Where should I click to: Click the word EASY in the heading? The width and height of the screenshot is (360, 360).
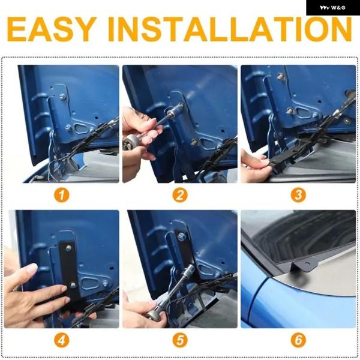pos(52,29)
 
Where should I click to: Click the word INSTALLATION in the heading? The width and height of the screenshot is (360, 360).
pos(230,29)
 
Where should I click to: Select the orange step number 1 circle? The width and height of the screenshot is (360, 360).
pos(62,196)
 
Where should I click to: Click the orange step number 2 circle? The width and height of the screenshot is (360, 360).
pos(180,196)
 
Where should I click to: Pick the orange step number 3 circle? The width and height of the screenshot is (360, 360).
pos(298,196)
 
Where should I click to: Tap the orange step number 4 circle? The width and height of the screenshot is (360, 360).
pos(62,340)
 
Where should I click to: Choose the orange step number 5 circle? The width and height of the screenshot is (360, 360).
pos(180,340)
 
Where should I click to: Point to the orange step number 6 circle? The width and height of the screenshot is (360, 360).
pos(298,340)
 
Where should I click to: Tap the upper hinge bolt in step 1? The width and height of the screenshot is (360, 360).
pos(62,97)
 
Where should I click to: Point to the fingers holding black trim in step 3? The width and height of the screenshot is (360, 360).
pos(255,164)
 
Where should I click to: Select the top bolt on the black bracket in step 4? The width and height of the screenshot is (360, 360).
pos(68,248)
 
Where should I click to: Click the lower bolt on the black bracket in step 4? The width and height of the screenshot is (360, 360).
pos(73,285)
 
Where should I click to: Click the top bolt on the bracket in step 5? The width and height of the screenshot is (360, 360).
pos(182,236)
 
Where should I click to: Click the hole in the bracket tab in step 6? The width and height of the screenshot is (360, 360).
pos(307,262)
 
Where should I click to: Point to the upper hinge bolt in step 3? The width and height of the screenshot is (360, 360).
pos(280,76)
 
